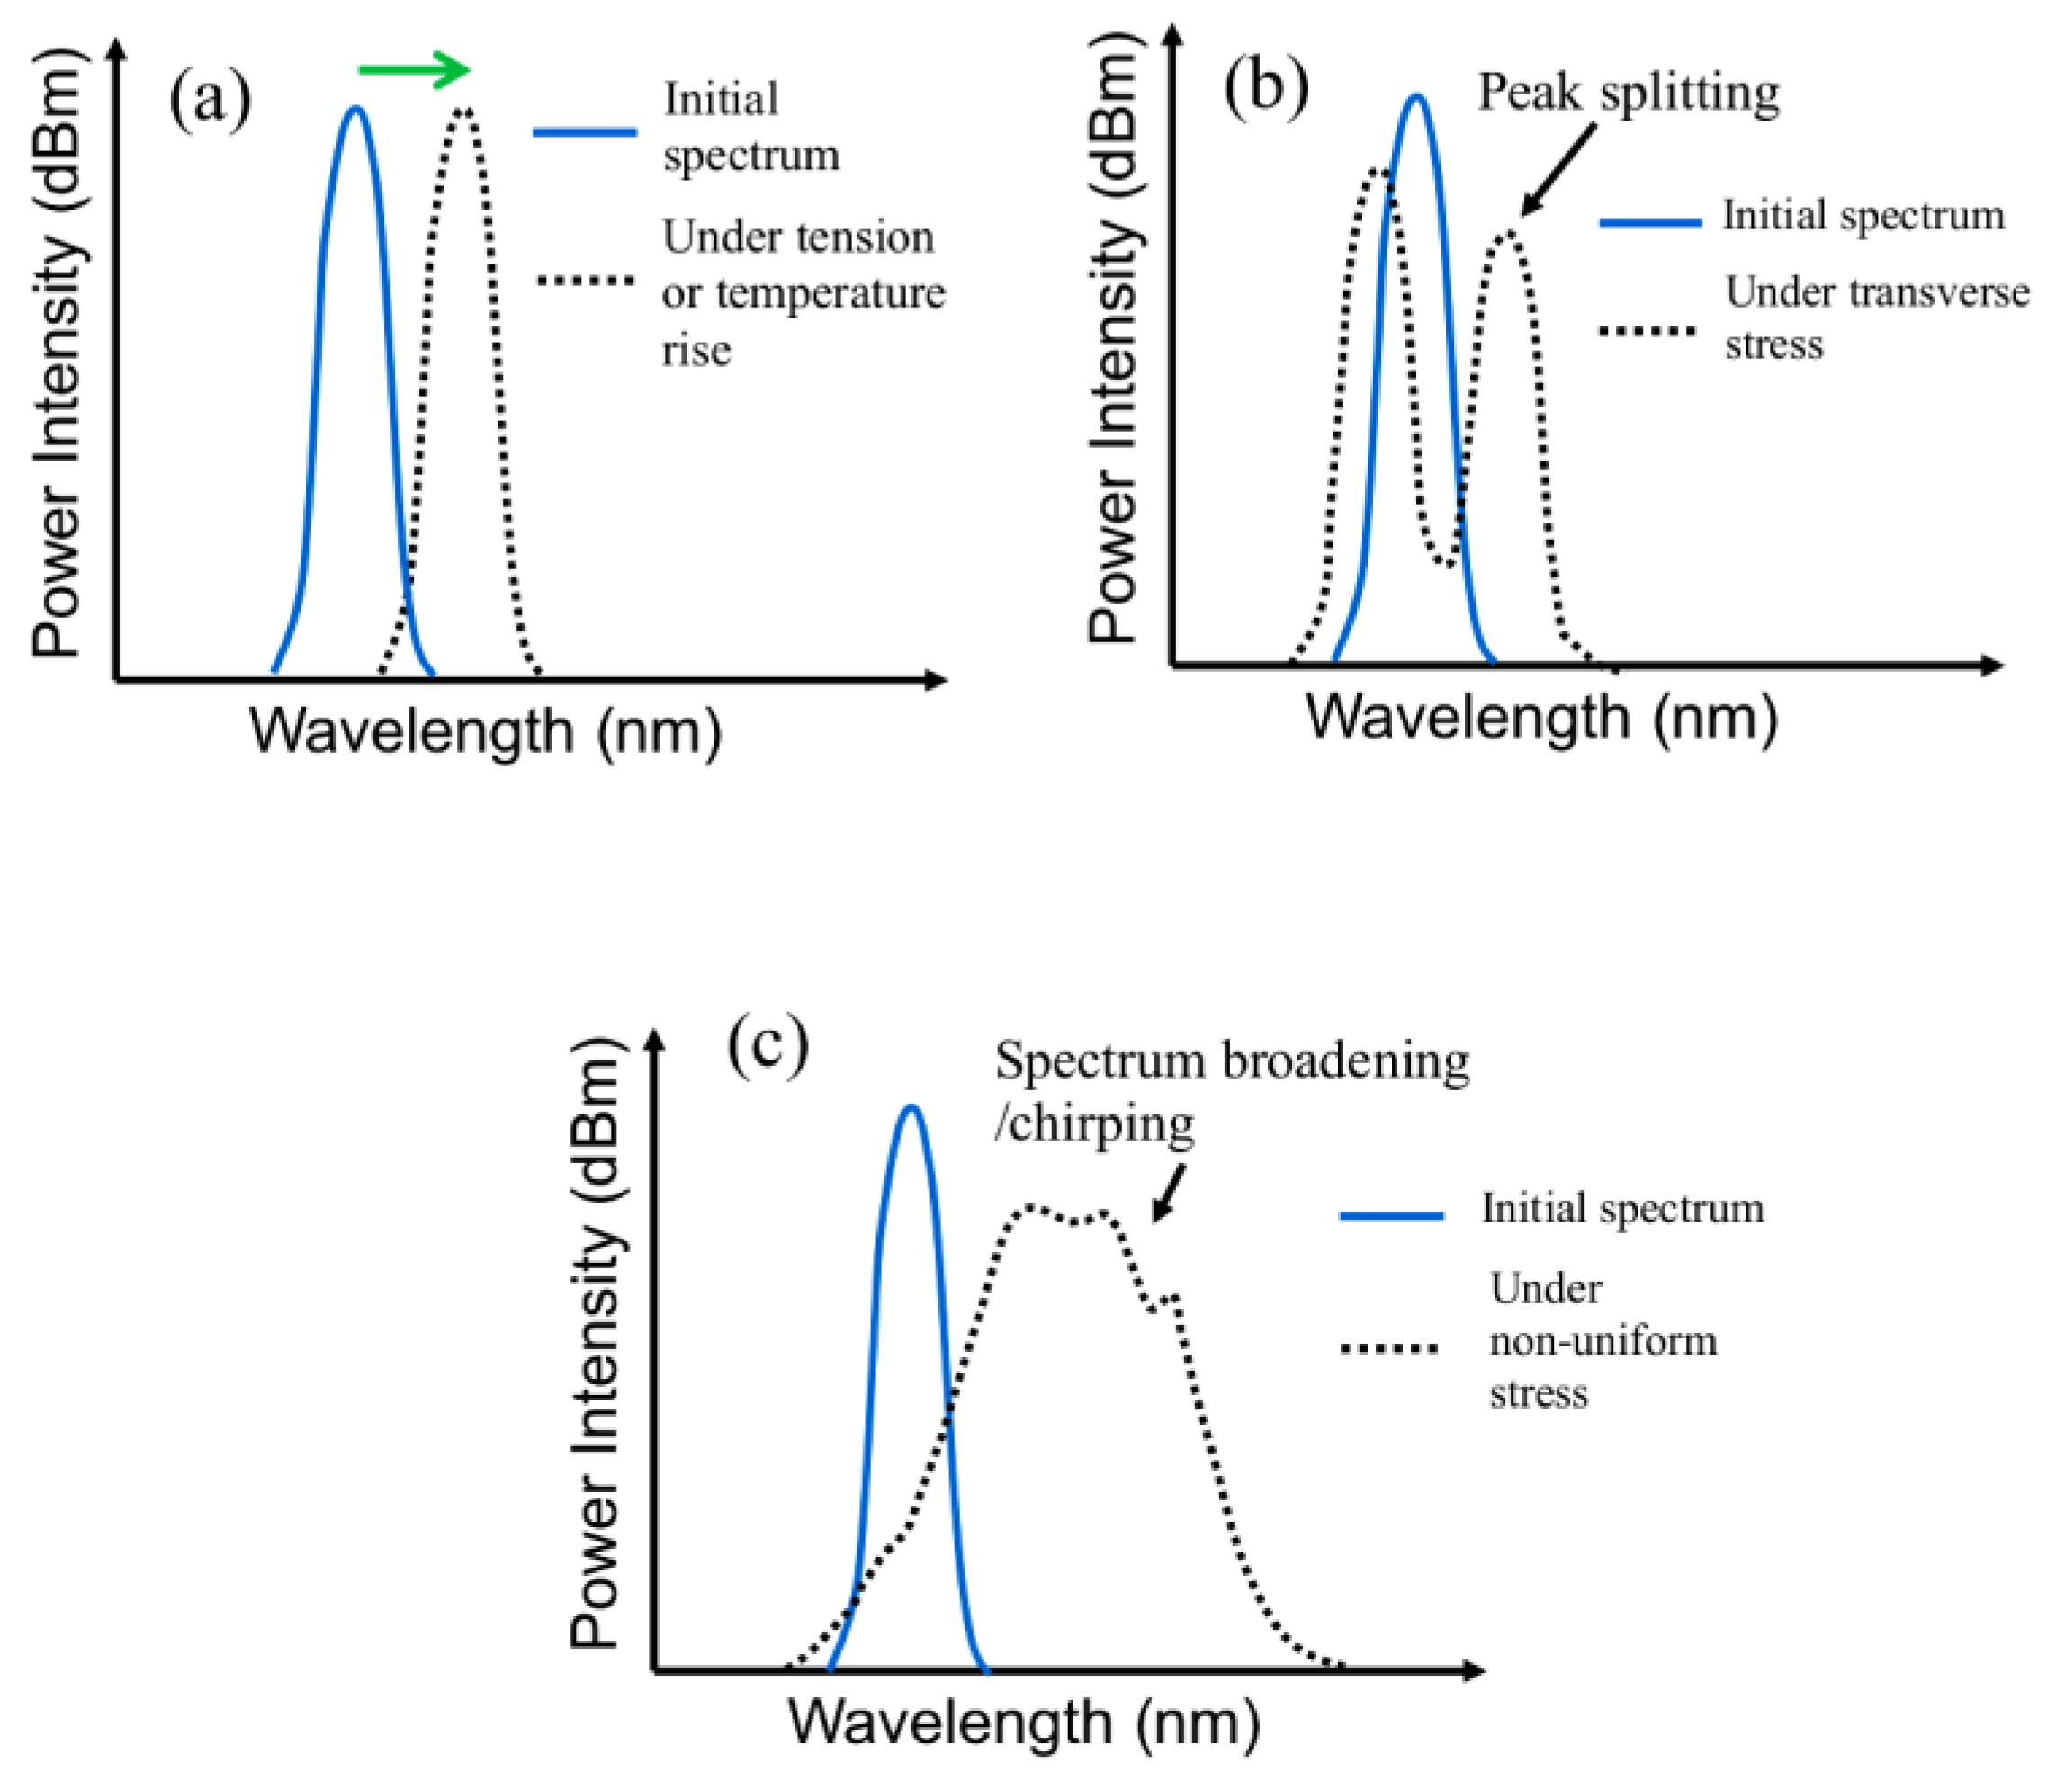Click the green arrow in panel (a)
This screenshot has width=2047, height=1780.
413,69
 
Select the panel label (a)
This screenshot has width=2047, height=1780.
210,101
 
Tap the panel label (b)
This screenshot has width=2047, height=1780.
1265,88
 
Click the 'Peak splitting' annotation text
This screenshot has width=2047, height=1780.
1628,93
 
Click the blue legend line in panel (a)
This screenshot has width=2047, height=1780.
585,131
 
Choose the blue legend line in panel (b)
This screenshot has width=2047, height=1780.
1649,222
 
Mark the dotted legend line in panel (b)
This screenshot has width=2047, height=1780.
1649,330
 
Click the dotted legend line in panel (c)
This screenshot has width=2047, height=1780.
1389,1348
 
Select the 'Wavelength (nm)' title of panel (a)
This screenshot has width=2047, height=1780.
485,732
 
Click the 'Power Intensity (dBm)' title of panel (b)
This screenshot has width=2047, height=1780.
1115,344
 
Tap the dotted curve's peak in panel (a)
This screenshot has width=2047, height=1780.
463,111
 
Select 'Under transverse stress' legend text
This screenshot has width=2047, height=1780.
1875,318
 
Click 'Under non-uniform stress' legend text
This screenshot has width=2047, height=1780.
1602,1341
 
